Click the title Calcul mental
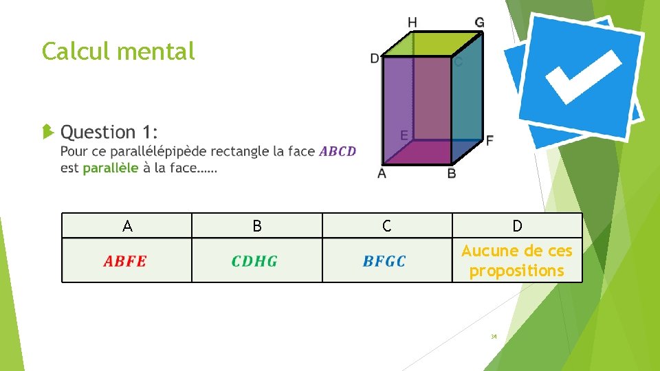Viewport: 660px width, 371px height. (118, 51)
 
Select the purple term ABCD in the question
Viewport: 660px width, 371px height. (338, 151)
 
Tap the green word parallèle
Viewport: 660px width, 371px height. (111, 168)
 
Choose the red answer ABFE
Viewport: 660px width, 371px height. (125, 261)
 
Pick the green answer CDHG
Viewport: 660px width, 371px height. (254, 261)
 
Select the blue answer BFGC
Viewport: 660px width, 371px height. (384, 261)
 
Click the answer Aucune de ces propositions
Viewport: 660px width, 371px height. (517, 260)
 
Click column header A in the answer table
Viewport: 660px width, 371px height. (126, 226)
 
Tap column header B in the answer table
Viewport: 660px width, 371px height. (256, 226)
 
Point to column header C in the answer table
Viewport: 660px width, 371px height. (386, 226)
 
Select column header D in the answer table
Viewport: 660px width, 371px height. (517, 226)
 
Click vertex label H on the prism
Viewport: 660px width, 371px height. (412, 23)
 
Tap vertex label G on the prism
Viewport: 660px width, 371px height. (479, 23)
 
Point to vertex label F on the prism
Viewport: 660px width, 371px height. (489, 140)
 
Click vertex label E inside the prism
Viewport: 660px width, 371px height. (404, 135)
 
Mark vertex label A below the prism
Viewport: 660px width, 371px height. (382, 173)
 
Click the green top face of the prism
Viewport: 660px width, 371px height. (432, 43)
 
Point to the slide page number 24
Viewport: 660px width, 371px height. (494, 337)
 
